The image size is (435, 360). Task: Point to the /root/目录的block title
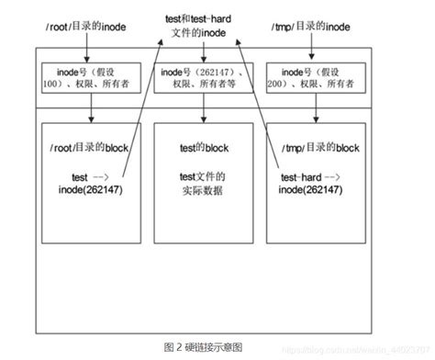tap(91, 148)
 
